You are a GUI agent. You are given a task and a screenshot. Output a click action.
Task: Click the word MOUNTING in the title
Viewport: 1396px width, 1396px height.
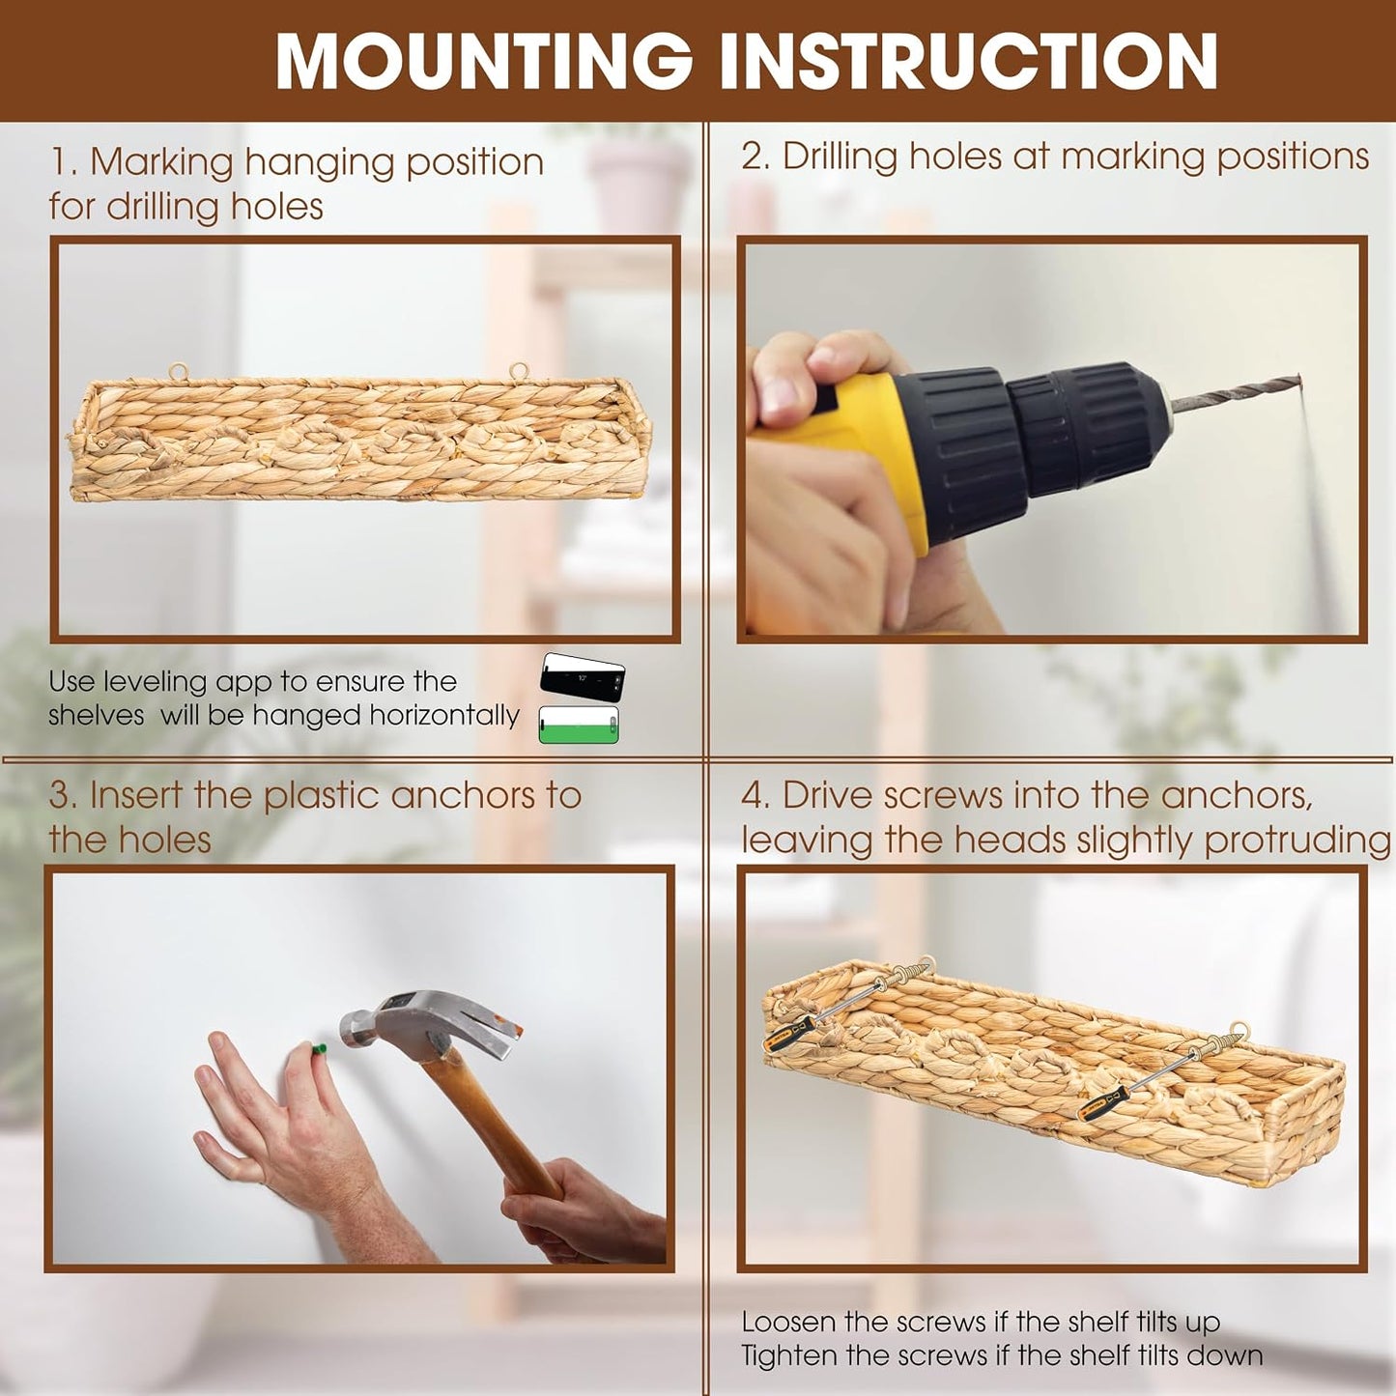pos(483,61)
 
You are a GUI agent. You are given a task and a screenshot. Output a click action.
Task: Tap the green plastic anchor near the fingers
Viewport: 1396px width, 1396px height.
pos(318,1049)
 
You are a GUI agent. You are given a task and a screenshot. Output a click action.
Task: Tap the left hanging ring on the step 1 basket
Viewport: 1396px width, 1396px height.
pos(178,372)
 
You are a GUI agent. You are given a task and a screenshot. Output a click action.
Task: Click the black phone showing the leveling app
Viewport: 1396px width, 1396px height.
pos(582,677)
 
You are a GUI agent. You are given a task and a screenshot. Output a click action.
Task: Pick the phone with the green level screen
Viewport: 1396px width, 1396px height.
pos(579,725)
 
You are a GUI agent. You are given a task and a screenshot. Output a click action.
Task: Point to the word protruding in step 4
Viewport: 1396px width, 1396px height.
pos(1297,841)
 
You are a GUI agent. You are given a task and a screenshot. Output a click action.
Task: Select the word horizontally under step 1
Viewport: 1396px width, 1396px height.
pos(444,717)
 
